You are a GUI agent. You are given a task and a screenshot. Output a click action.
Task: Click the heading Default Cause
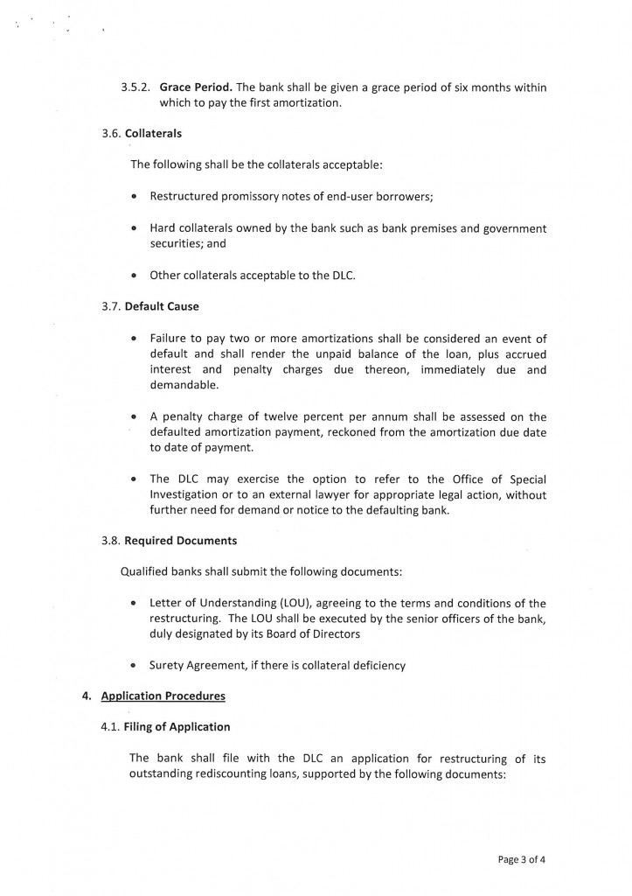tap(162, 307)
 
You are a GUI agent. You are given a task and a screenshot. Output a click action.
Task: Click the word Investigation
tap(188, 495)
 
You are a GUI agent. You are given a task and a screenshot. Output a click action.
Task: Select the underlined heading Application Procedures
tap(163, 696)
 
